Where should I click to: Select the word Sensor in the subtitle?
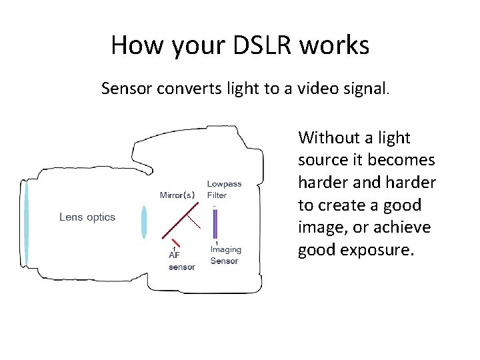click(127, 88)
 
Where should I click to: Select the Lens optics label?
click(87, 217)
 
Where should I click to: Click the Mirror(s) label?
click(177, 195)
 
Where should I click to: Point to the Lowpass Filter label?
click(224, 189)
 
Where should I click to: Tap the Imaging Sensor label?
click(225, 255)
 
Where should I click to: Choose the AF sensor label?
click(181, 261)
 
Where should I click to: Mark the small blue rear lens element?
click(143, 222)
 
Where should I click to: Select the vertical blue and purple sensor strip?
click(215, 223)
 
